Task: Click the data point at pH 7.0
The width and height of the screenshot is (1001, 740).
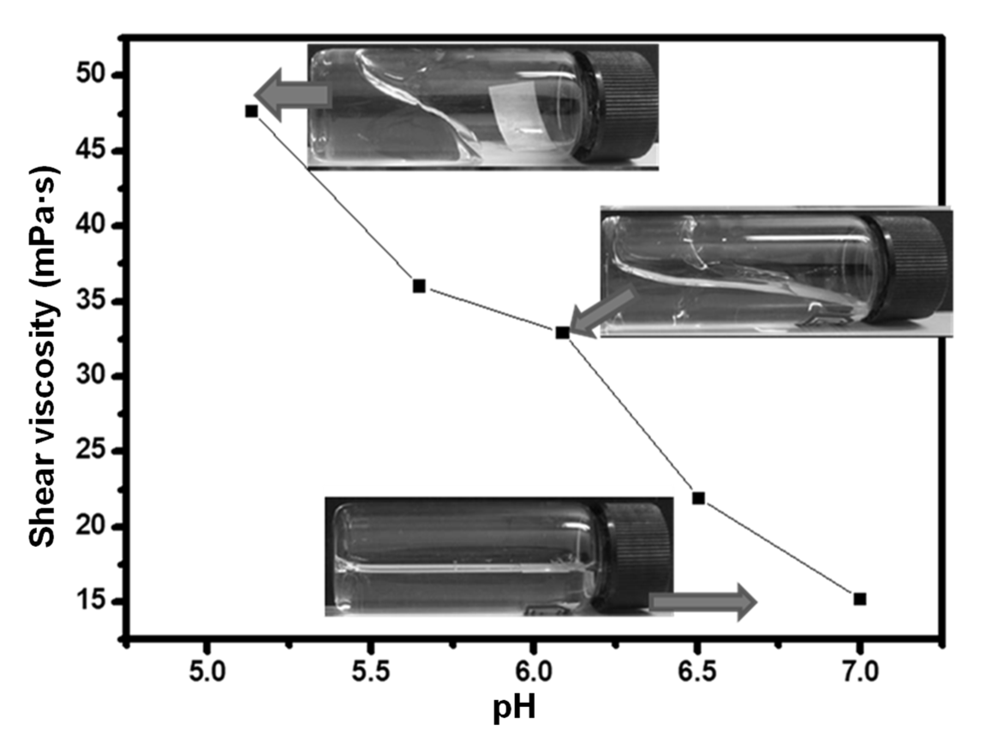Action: point(859,600)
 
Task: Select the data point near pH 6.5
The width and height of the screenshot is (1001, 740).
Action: point(698,498)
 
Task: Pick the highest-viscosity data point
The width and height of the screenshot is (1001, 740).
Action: point(252,111)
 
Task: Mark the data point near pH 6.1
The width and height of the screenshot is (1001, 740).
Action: point(563,333)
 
